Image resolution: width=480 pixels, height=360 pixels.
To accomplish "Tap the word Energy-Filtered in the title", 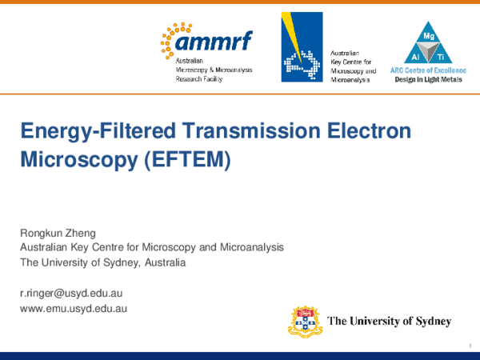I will click(83, 131).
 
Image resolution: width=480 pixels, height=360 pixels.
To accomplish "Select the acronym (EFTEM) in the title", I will click(190, 158).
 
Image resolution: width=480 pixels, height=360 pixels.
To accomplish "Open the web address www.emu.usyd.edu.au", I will click(74, 308).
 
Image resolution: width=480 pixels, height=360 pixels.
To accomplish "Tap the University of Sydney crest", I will click(306, 322).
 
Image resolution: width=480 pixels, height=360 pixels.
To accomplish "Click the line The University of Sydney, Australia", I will click(102, 262).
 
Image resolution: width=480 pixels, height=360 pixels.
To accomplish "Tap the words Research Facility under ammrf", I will click(198, 79).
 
